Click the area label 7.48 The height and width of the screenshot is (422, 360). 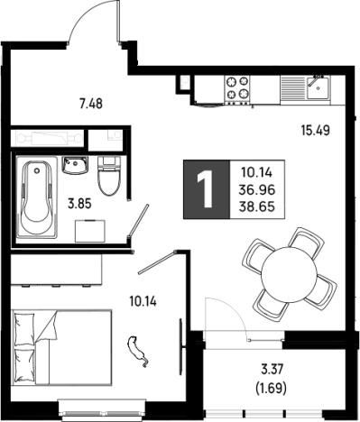91,104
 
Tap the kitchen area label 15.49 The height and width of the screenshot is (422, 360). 316,131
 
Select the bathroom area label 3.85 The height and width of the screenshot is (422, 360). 79,205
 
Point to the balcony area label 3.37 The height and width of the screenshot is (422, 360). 272,370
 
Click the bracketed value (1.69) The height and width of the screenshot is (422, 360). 271,389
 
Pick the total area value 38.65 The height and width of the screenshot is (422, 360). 257,206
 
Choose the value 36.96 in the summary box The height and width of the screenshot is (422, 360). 257,189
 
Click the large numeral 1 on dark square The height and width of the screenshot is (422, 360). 206,188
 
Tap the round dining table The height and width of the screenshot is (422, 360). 289,275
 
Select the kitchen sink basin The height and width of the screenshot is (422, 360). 318,88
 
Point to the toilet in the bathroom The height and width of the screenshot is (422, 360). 108,176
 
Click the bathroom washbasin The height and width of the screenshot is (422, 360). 75,165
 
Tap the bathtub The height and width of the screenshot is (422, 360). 37,197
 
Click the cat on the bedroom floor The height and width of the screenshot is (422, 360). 138,352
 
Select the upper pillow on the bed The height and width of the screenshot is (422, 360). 24,328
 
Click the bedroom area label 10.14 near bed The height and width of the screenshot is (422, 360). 143,301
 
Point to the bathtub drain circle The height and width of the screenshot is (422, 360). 37,170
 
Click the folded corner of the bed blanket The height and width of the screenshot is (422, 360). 48,326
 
